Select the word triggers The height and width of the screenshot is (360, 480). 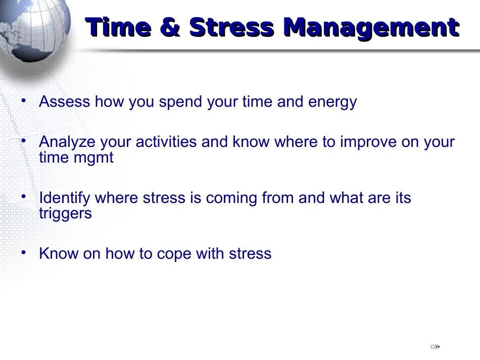[65, 214]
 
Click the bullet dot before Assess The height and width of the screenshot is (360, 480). [24, 100]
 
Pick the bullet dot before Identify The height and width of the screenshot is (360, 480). [24, 196]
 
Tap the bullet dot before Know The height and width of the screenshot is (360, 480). [24, 252]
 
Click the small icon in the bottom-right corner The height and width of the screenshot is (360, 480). [435, 347]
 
